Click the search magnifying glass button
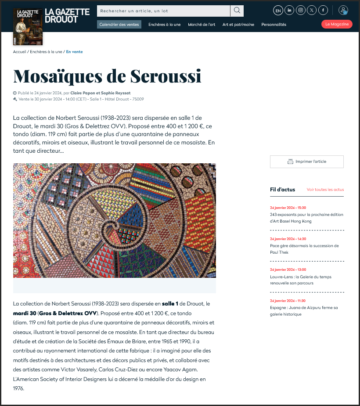(237, 11)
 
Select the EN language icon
(278, 11)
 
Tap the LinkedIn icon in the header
(289, 11)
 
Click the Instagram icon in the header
(301, 11)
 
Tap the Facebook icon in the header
(323, 11)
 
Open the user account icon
(343, 11)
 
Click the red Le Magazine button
(337, 25)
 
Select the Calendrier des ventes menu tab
(119, 25)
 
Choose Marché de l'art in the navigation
(202, 25)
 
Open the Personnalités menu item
(274, 25)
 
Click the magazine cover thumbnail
(28, 27)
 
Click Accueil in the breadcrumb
(19, 52)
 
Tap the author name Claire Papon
(84, 93)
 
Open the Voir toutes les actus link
(325, 190)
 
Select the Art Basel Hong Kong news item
(306, 218)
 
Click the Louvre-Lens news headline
(300, 280)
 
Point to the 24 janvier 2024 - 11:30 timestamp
(288, 301)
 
